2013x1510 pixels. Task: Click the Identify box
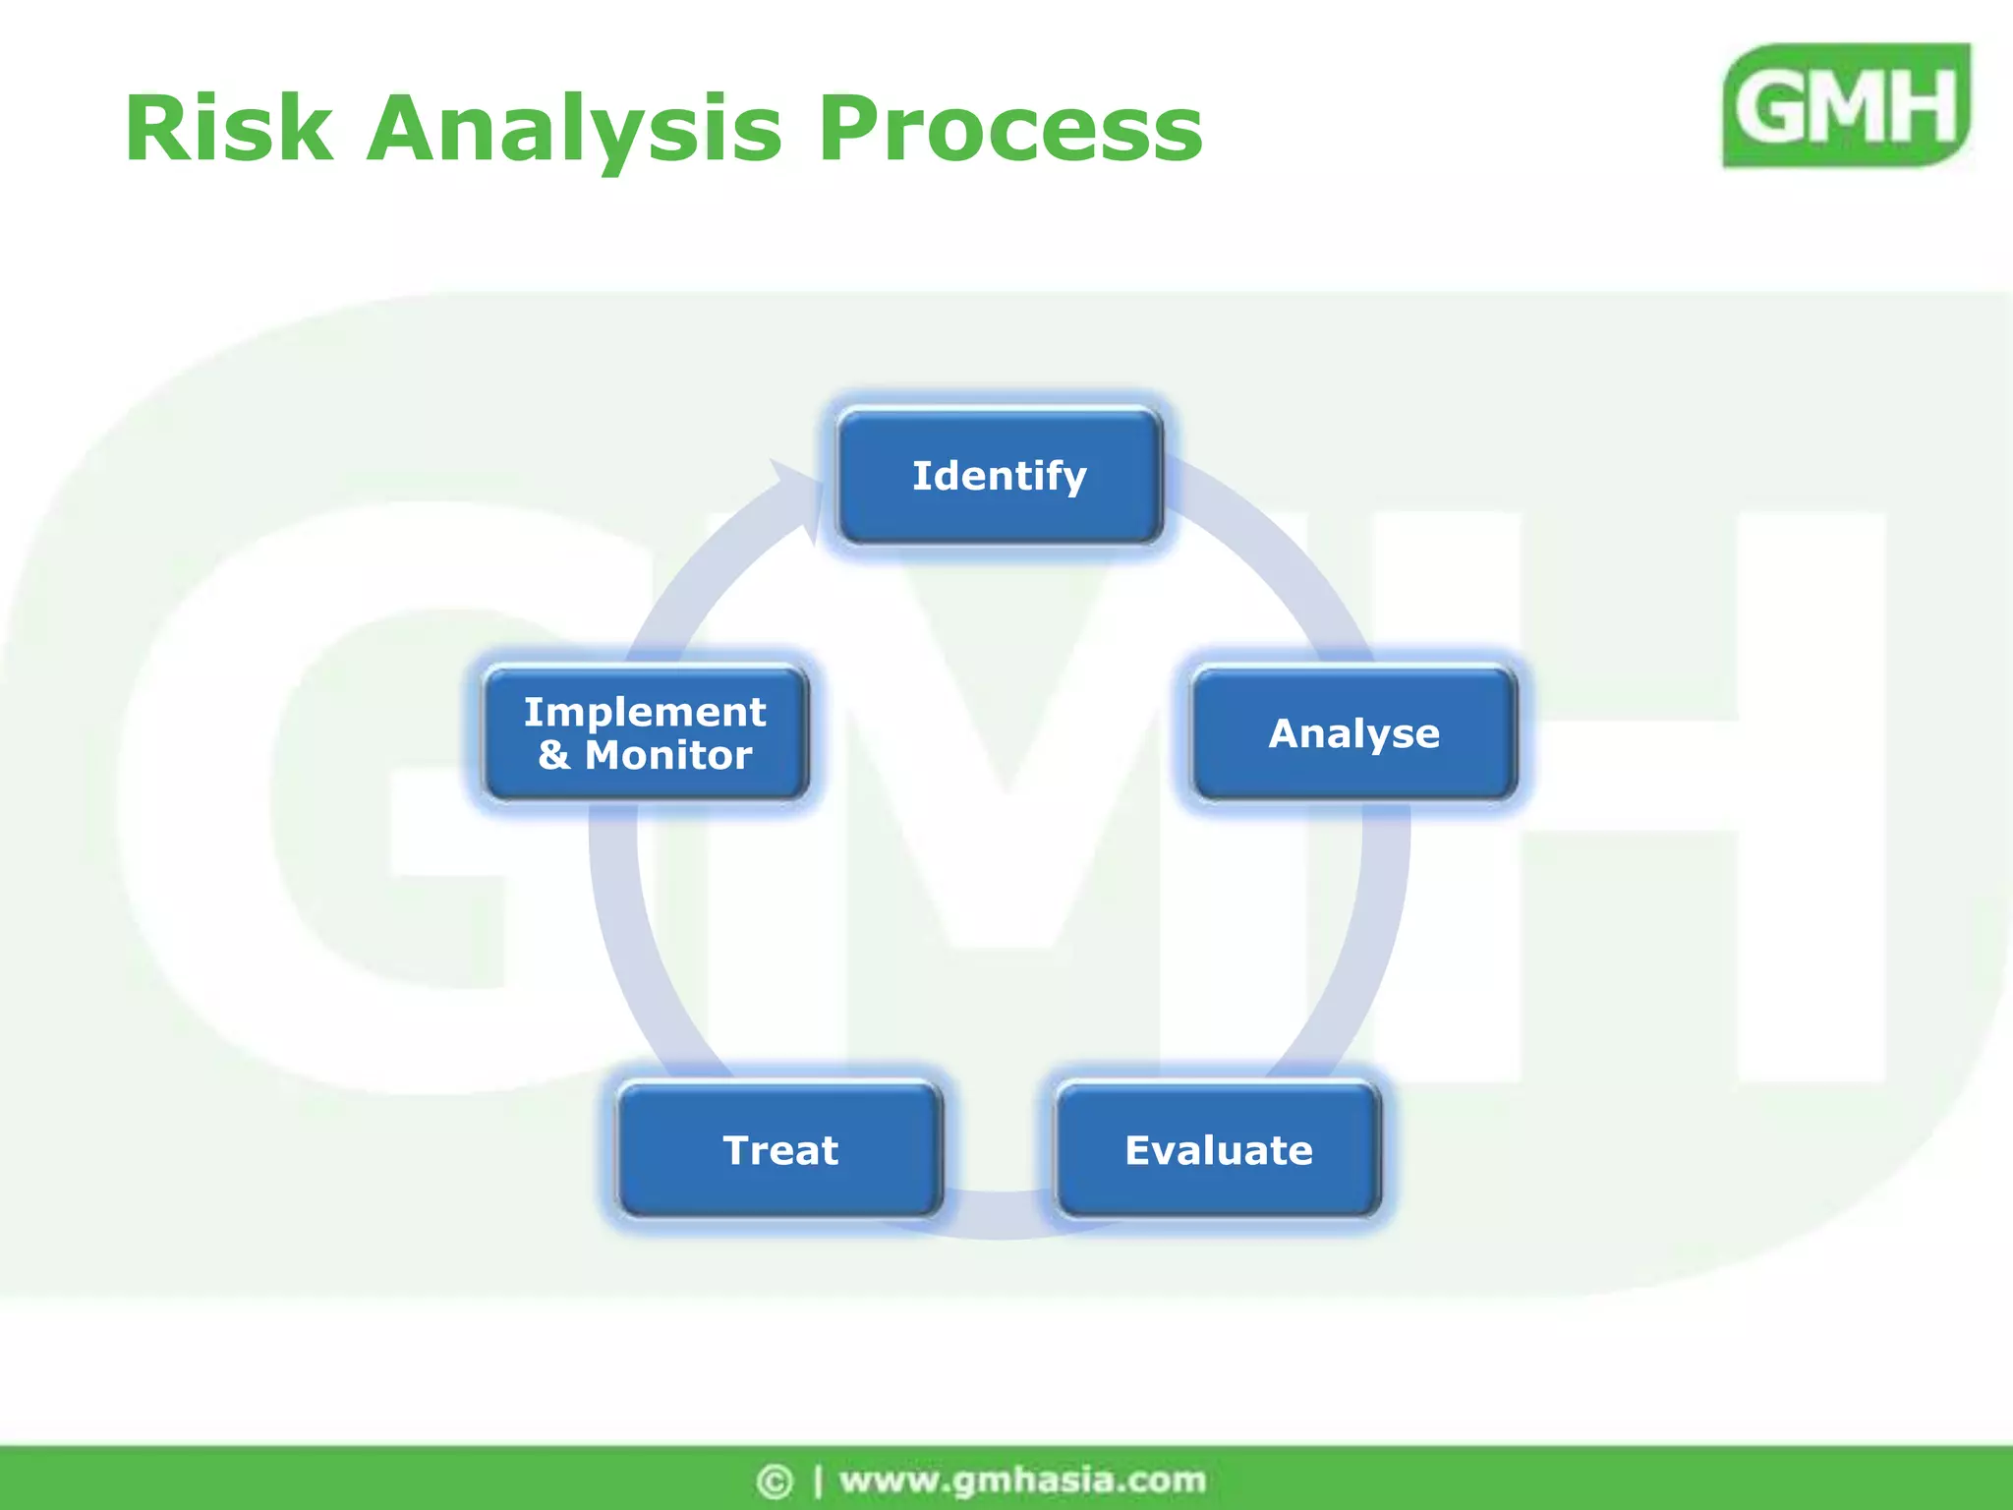1000,477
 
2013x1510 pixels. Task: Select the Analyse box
1353,733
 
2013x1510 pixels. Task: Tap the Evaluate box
1218,1149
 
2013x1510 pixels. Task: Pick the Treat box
780,1149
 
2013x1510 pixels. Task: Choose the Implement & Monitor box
646,733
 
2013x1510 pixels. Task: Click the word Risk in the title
228,129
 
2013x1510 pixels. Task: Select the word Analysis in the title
574,131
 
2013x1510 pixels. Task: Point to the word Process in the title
1010,129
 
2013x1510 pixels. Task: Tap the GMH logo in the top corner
1846,105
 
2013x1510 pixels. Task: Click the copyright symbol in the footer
774,1481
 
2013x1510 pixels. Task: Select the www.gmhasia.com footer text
1022,1480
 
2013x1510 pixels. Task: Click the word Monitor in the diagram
668,755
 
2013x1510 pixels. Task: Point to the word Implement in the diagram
644,712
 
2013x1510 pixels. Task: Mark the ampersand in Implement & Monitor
553,755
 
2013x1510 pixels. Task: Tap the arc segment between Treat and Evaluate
999,1213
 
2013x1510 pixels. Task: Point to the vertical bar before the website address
818,1481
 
